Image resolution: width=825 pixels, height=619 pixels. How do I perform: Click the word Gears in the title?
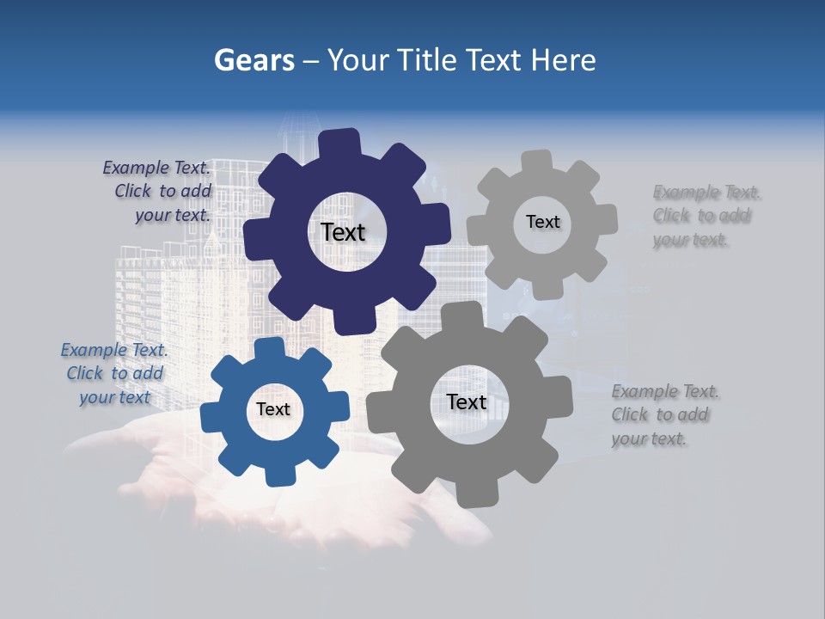[254, 60]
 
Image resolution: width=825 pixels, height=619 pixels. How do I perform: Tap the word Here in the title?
[563, 60]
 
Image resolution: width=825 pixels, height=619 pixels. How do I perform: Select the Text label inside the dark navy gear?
[343, 232]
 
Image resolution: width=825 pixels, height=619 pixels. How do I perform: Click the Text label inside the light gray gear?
[542, 222]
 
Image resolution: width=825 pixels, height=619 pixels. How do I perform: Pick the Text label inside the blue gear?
[273, 409]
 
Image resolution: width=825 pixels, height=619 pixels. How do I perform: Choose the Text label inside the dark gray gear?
[467, 402]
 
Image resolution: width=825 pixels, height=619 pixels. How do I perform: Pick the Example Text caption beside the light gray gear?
[705, 216]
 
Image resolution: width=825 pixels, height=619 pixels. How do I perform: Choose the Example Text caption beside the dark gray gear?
[663, 414]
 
